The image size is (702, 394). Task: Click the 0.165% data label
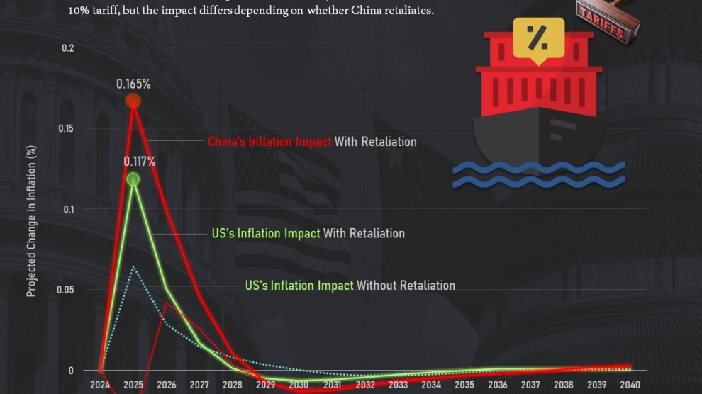click(x=133, y=84)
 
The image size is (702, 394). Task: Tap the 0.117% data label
click(x=140, y=162)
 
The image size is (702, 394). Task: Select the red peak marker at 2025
click(x=133, y=101)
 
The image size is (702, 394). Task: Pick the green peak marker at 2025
click(x=133, y=179)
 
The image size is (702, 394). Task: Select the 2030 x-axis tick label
click(x=298, y=385)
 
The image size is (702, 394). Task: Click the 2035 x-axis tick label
click(x=464, y=385)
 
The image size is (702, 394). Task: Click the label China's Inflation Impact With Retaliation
click(x=312, y=142)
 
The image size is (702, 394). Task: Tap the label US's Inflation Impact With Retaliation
click(x=308, y=233)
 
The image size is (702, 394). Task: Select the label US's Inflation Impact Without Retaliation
click(x=350, y=286)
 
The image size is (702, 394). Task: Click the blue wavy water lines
click(x=539, y=174)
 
